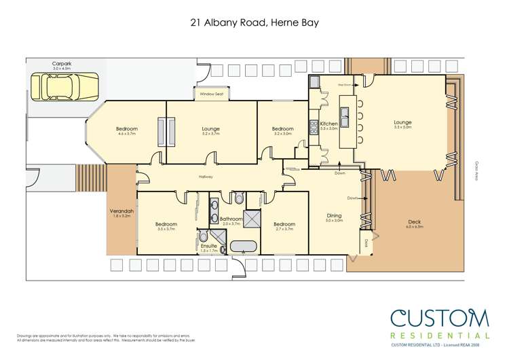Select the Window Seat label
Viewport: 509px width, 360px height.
[210, 94]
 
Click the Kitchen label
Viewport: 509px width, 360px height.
[328, 124]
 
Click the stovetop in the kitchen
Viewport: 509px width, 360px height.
[314, 126]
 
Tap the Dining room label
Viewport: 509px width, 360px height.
[333, 216]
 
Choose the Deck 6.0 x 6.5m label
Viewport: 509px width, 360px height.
[415, 222]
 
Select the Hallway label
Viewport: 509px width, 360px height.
[206, 177]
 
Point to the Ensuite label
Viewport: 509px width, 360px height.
[209, 246]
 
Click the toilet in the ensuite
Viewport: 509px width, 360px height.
[204, 236]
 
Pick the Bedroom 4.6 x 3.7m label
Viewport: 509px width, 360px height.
[126, 129]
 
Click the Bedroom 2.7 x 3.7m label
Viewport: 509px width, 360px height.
[284, 223]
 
